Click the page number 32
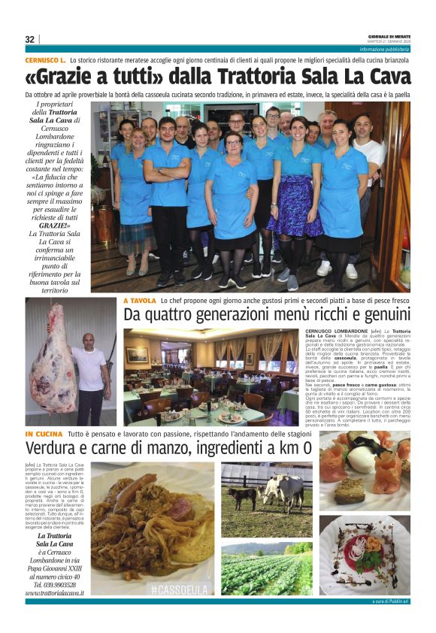pos(30,39)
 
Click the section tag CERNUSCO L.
pos(45,59)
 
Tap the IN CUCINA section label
pos(44,435)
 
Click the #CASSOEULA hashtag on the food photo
pos(179,589)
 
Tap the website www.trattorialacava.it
pos(54,593)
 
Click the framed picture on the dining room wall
pos(137,355)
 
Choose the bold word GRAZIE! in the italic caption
pos(54,225)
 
